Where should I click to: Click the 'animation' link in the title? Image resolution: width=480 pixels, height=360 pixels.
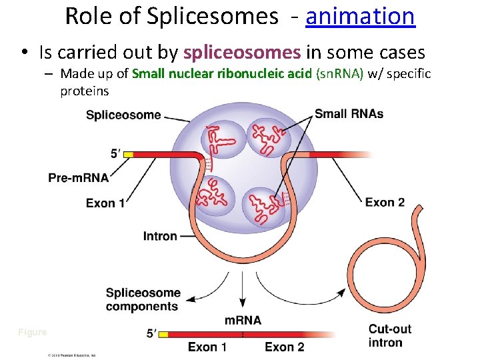click(360, 16)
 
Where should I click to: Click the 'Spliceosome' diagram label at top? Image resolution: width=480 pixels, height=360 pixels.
click(123, 115)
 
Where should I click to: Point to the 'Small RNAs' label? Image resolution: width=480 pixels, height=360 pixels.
click(349, 113)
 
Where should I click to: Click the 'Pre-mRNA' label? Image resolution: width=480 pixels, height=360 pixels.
click(78, 178)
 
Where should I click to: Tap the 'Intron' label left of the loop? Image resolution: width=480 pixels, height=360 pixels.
click(160, 236)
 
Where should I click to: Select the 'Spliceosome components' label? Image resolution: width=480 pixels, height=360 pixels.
click(142, 299)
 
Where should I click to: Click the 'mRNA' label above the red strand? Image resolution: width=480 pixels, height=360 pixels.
click(243, 321)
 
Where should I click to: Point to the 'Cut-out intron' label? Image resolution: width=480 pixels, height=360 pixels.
click(389, 336)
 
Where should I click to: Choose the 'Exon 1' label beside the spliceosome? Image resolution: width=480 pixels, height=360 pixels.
click(105, 203)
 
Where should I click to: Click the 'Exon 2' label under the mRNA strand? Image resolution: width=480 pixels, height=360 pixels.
click(284, 347)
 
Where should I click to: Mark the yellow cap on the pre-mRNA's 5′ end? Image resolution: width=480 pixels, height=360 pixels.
click(128, 155)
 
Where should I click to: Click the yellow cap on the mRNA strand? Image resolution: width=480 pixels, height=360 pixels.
click(165, 334)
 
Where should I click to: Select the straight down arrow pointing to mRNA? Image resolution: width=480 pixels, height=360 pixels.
click(243, 293)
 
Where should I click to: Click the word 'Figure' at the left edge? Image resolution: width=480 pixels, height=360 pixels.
click(33, 332)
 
